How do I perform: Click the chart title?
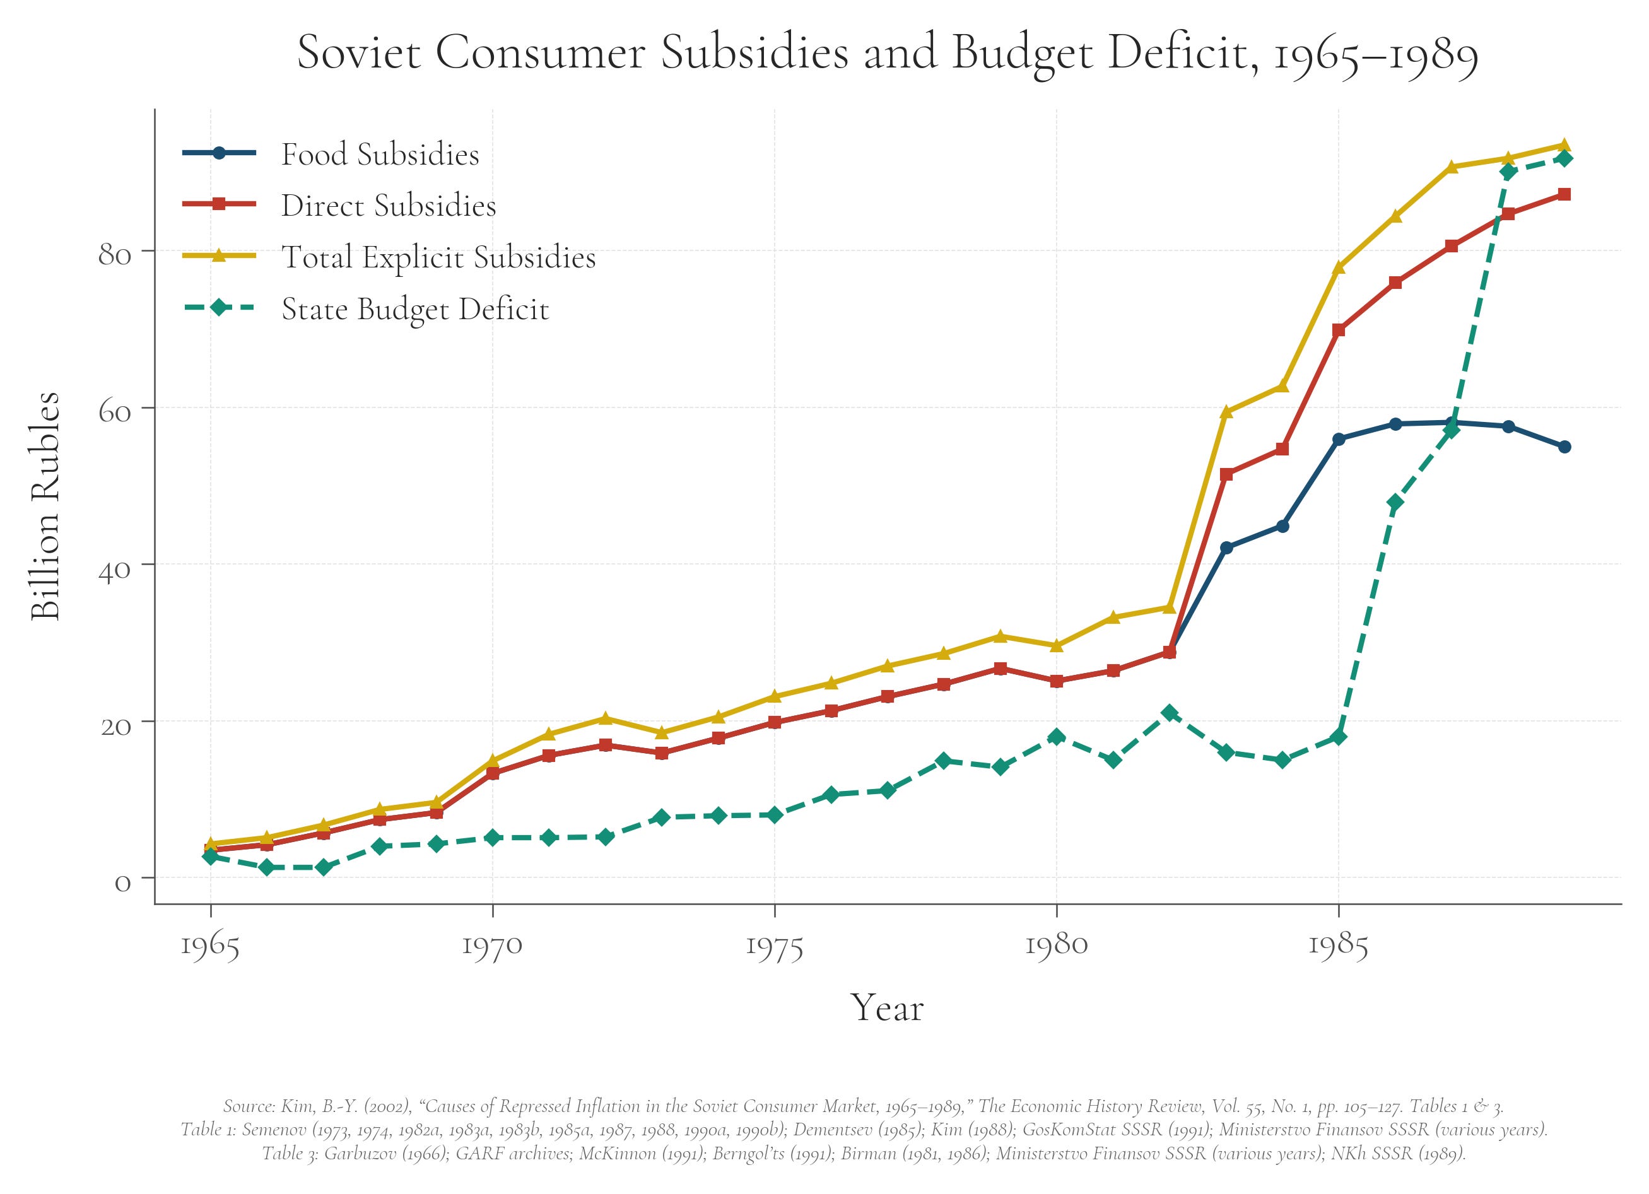coord(887,54)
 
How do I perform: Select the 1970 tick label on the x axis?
coord(492,945)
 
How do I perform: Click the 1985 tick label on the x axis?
coord(1338,945)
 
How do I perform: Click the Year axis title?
coord(887,1008)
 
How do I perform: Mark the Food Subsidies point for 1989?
coord(1564,447)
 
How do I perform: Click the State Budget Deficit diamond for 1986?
coord(1395,503)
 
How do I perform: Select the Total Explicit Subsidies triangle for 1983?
coord(1226,413)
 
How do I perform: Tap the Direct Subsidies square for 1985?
coord(1339,330)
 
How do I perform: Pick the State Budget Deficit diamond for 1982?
coord(1169,713)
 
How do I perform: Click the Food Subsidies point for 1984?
coord(1282,526)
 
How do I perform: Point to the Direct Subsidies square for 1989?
coord(1564,194)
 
